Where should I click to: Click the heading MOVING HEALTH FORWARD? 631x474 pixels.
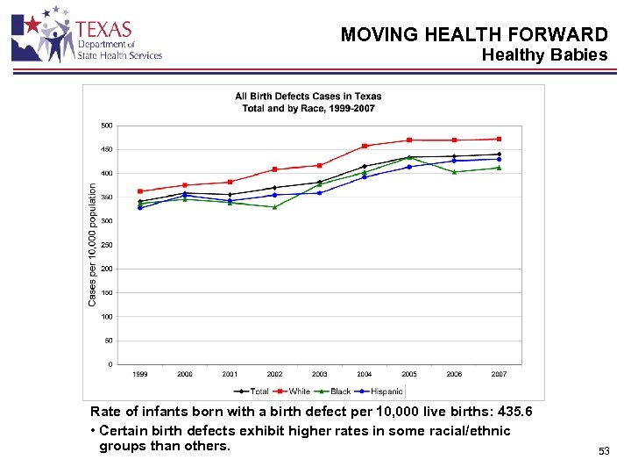pos(473,35)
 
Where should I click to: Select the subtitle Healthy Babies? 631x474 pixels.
pos(544,55)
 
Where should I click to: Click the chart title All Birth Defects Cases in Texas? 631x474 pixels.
pos(308,97)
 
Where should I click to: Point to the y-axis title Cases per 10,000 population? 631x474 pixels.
pos(93,244)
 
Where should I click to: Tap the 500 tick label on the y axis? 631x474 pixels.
pos(106,126)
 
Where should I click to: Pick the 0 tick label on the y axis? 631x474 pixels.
pos(110,364)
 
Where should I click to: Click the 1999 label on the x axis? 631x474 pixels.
pos(140,374)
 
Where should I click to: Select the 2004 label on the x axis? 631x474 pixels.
pos(364,374)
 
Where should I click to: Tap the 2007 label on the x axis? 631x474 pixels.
pos(499,374)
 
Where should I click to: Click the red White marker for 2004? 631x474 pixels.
pos(364,146)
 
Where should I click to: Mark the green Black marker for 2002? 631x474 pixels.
pos(274,207)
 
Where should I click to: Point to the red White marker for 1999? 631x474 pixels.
pos(140,191)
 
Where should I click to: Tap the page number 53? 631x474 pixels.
pos(603,451)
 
